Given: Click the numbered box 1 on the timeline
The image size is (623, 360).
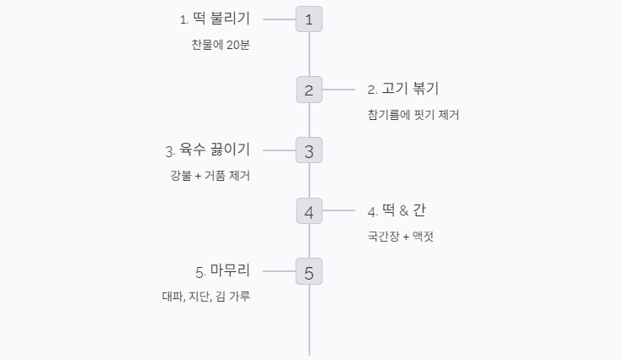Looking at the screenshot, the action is coord(309,19).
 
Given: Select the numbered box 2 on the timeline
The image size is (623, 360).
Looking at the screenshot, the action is coord(309,90).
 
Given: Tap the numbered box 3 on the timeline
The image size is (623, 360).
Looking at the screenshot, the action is coord(309,150).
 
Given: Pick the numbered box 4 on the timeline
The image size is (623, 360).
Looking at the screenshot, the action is coord(309,210).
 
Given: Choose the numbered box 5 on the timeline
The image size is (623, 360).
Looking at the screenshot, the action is coord(309,271).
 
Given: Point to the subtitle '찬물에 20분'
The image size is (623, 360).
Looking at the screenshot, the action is coord(221,45).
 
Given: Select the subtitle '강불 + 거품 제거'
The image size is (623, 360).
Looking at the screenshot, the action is coord(210,176).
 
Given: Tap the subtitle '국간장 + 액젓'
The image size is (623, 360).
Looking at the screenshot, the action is coord(401,236).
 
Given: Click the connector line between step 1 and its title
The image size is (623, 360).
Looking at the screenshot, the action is coord(279,19).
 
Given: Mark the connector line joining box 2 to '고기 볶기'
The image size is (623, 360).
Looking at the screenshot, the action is coord(338,90).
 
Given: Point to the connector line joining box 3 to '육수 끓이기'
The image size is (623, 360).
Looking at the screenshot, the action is coord(279,150).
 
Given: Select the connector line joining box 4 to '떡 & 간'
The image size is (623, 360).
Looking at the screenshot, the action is coord(338,210).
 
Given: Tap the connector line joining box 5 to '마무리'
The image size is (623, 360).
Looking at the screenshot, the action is coord(279,271).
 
